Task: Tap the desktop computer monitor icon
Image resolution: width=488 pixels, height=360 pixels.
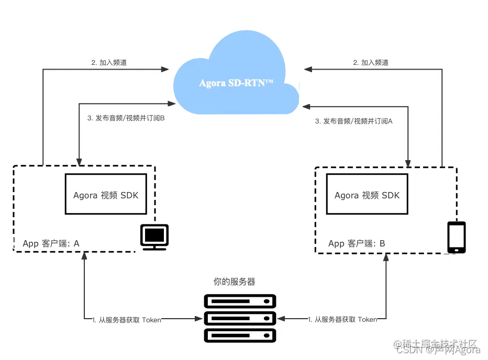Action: (x=154, y=237)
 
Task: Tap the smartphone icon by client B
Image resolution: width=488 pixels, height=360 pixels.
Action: (x=456, y=237)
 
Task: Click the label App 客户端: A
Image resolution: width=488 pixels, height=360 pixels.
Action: (x=51, y=243)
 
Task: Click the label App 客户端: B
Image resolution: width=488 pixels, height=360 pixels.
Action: (x=357, y=243)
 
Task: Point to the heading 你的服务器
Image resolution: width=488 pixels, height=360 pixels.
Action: (x=235, y=282)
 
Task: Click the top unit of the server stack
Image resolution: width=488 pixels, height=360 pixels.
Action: (x=240, y=301)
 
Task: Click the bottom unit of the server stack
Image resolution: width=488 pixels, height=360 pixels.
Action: (x=240, y=334)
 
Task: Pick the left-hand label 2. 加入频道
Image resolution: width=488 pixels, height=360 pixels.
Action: (x=108, y=62)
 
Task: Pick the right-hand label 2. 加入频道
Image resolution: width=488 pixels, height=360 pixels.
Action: (x=371, y=62)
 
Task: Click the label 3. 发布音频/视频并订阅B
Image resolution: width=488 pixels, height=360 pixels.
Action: (x=126, y=119)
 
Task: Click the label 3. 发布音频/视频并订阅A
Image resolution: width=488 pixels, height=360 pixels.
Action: (x=354, y=121)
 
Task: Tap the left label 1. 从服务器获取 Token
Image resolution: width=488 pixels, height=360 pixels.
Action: (x=127, y=319)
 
